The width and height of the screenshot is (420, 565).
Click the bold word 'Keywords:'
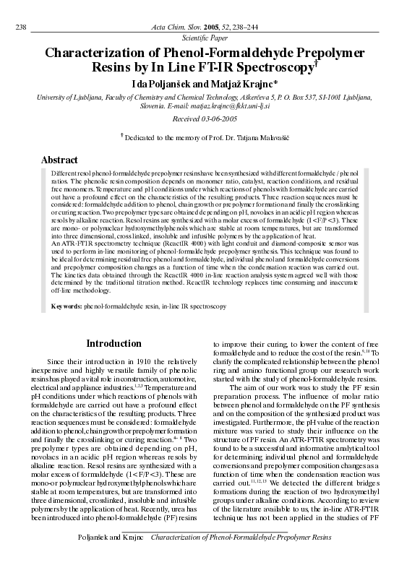(x=66, y=306)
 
